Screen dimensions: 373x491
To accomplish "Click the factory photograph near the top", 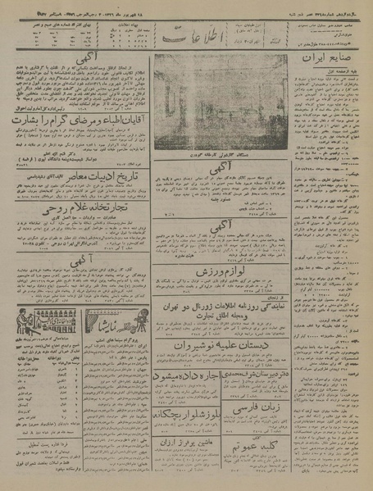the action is pos(220,99).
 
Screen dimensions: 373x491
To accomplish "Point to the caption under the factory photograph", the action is pos(220,154).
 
